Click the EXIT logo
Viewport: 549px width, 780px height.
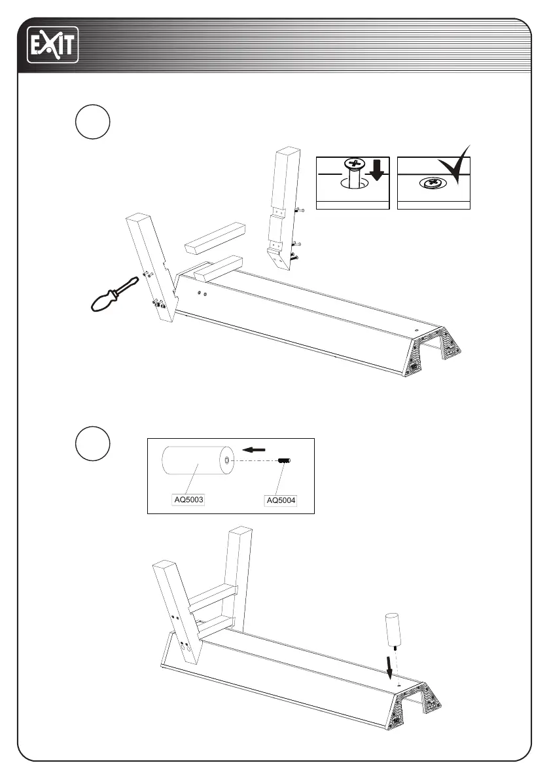click(52, 45)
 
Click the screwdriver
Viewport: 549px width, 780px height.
click(114, 295)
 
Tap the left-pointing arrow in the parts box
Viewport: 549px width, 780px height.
click(253, 450)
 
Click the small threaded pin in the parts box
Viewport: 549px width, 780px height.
click(284, 460)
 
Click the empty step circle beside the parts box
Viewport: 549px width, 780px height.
click(92, 443)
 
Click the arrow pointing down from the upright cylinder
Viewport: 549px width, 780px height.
click(391, 668)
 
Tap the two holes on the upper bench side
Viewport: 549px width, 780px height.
click(202, 294)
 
